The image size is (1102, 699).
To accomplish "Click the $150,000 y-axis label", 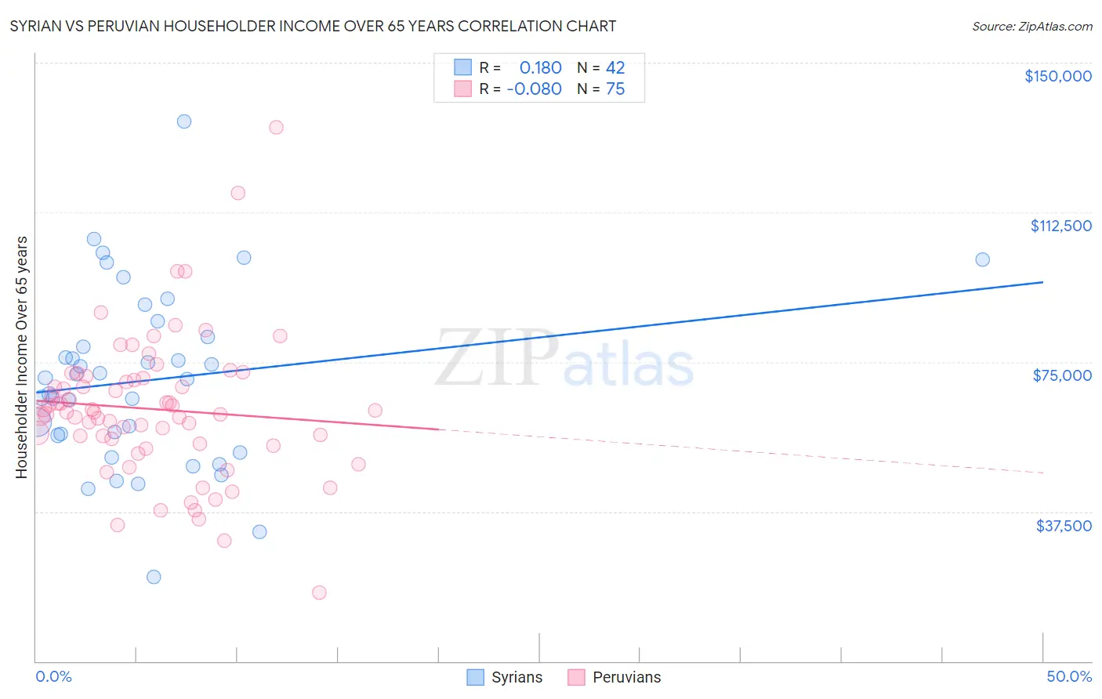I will click(x=1057, y=76).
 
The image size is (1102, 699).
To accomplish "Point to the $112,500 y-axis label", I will click(x=1060, y=226).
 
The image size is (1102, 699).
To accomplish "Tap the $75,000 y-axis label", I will click(x=1062, y=375).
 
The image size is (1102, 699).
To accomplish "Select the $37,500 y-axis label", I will click(x=1063, y=526).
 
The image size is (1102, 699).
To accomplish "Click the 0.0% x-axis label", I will click(x=53, y=676).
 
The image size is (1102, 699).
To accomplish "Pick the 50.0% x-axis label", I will click(x=1069, y=676).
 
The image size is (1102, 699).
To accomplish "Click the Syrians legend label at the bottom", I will click(x=517, y=677).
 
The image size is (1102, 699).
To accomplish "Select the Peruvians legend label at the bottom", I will click(x=626, y=677).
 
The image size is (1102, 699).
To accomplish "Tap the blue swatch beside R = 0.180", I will click(x=463, y=67).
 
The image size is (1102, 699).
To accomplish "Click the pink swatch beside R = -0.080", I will click(x=463, y=89).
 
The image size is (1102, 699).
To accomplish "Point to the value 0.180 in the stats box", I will click(x=540, y=67).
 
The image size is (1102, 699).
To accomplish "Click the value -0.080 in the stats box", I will click(x=534, y=89).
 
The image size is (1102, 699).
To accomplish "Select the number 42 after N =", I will click(x=615, y=67).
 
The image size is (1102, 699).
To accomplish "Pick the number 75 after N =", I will click(x=615, y=89).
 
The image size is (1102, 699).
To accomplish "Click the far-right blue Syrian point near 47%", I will click(x=982, y=259).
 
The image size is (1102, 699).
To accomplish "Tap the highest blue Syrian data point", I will click(x=184, y=121).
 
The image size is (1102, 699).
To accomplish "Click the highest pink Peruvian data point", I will click(x=276, y=127).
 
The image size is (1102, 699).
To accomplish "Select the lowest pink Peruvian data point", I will click(x=319, y=592).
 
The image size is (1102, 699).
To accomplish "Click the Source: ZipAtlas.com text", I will click(x=1031, y=27).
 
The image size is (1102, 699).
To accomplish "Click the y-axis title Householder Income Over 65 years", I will click(x=22, y=357).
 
